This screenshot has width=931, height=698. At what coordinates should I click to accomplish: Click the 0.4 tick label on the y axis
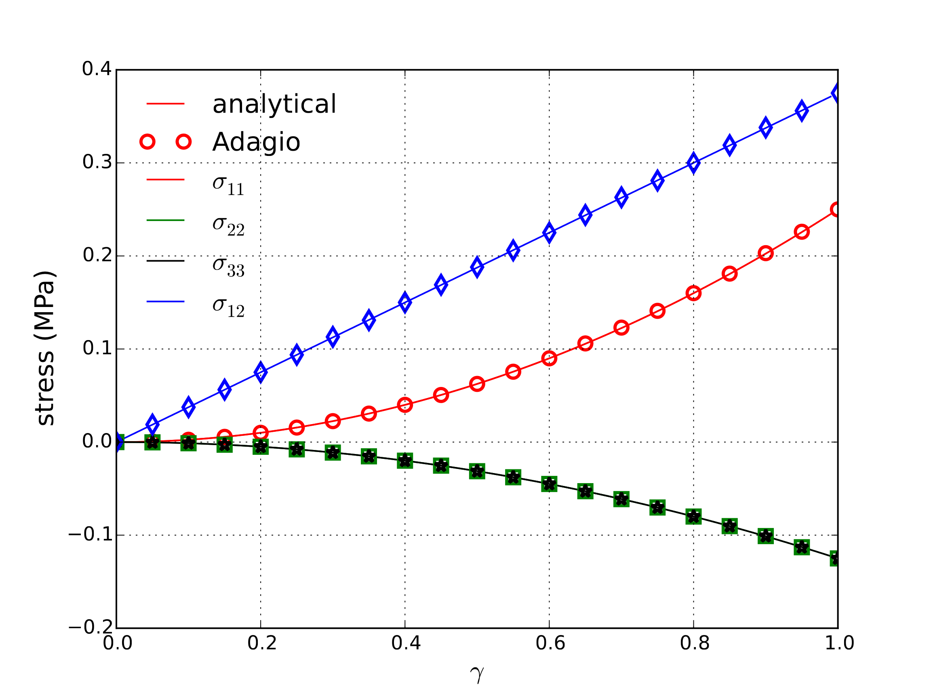pyautogui.click(x=97, y=69)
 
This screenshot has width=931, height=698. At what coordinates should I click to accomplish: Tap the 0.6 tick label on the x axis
pyautogui.click(x=550, y=643)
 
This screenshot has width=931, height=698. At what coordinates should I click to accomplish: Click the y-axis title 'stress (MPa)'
pyautogui.click(x=45, y=348)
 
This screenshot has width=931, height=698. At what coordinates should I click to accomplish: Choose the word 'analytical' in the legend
pyautogui.click(x=274, y=104)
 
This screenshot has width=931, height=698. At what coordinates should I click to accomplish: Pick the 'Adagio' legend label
pyautogui.click(x=256, y=142)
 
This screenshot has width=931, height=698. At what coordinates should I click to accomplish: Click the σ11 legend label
pyautogui.click(x=228, y=185)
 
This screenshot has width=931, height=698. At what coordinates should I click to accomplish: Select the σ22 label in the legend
pyautogui.click(x=228, y=225)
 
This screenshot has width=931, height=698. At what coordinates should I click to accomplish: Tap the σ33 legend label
pyautogui.click(x=228, y=266)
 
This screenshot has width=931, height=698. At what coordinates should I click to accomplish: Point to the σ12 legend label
pyautogui.click(x=228, y=307)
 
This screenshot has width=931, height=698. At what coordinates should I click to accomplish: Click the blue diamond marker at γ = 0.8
pyautogui.click(x=694, y=163)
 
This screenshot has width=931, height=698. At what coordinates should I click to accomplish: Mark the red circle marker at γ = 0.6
pyautogui.click(x=549, y=358)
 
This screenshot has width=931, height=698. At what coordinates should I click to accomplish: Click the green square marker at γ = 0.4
pyautogui.click(x=405, y=461)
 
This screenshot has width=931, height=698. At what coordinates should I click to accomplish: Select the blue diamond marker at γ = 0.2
pyautogui.click(x=261, y=372)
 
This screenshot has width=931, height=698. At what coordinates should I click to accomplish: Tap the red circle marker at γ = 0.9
pyautogui.click(x=766, y=253)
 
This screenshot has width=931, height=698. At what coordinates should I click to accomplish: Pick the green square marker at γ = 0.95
pyautogui.click(x=802, y=547)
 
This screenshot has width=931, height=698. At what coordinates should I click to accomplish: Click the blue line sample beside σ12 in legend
pyautogui.click(x=165, y=302)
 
